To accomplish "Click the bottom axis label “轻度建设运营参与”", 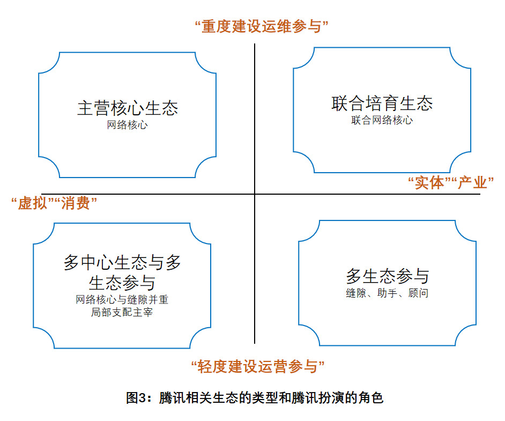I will tap(258, 367).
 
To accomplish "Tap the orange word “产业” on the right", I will tap(472, 182).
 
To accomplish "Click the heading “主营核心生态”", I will tap(128, 108).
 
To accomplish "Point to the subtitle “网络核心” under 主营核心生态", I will tap(127, 125).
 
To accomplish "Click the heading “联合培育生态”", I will tap(382, 103).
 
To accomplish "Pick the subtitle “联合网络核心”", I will tap(382, 120).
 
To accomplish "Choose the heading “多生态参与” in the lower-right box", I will tap(388, 277).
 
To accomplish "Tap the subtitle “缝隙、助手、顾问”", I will tap(387, 293).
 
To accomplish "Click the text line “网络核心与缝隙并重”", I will tap(122, 299).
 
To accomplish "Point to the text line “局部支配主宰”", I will tap(122, 312).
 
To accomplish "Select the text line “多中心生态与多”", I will tap(122, 263).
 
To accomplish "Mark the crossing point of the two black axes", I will tap(255, 194).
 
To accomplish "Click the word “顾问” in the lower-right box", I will tap(418, 293).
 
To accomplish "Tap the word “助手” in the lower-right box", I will tap(387, 293).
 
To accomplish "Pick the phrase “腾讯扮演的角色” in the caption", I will tap(332, 398).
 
